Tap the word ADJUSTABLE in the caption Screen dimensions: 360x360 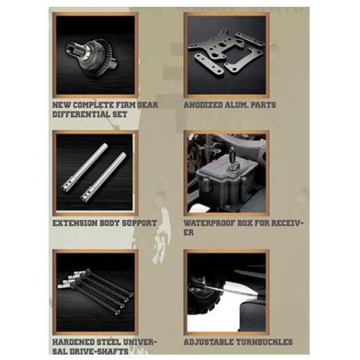pos(209,342)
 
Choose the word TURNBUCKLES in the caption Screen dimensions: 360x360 pos(264,342)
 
